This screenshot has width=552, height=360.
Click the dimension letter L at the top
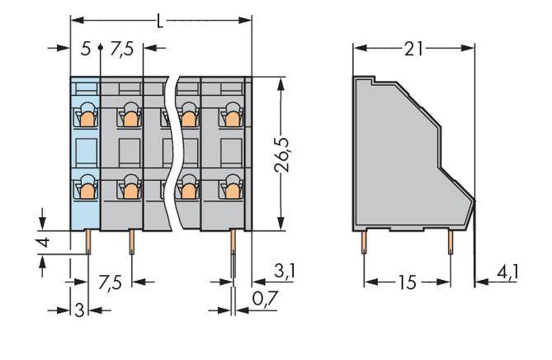[x=160, y=21]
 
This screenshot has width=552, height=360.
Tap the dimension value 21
[x=413, y=49]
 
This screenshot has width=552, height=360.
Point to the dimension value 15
[x=407, y=282]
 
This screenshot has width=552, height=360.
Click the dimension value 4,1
[x=507, y=272]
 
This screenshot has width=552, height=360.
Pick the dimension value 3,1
[x=285, y=271]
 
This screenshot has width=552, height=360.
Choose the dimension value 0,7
[x=266, y=299]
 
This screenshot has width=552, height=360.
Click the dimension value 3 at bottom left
[x=80, y=310]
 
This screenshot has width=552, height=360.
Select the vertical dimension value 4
[x=43, y=243]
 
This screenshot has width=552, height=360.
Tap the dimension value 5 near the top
[x=86, y=49]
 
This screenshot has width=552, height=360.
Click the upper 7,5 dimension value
[x=122, y=49]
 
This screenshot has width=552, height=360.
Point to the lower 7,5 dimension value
[x=111, y=283]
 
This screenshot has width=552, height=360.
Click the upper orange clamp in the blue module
[x=87, y=119]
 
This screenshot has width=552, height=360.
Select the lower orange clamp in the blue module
[x=87, y=191]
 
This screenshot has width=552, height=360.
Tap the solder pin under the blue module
[x=88, y=242]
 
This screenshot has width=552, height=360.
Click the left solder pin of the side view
[x=364, y=242]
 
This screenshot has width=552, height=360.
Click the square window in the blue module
[x=87, y=153]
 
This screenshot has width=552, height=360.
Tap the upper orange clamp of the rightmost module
[x=233, y=119]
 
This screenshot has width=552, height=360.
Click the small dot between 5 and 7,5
[x=101, y=47]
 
